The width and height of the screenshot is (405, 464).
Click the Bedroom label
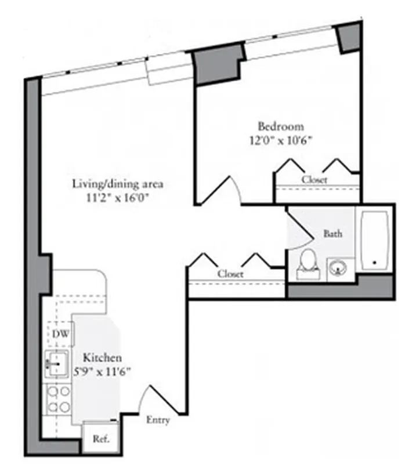(x=281, y=126)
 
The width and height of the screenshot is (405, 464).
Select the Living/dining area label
(x=118, y=184)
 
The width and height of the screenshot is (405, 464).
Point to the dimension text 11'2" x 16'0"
(x=118, y=198)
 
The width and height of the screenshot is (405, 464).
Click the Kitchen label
(x=102, y=358)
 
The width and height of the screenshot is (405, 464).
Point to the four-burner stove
(x=57, y=398)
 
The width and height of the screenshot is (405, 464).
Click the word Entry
(x=158, y=420)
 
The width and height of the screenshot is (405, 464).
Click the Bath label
(x=332, y=234)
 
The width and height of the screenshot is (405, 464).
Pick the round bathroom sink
(x=338, y=267)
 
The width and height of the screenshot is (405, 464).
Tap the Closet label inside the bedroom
(x=314, y=180)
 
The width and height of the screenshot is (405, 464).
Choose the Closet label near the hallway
(x=230, y=274)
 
